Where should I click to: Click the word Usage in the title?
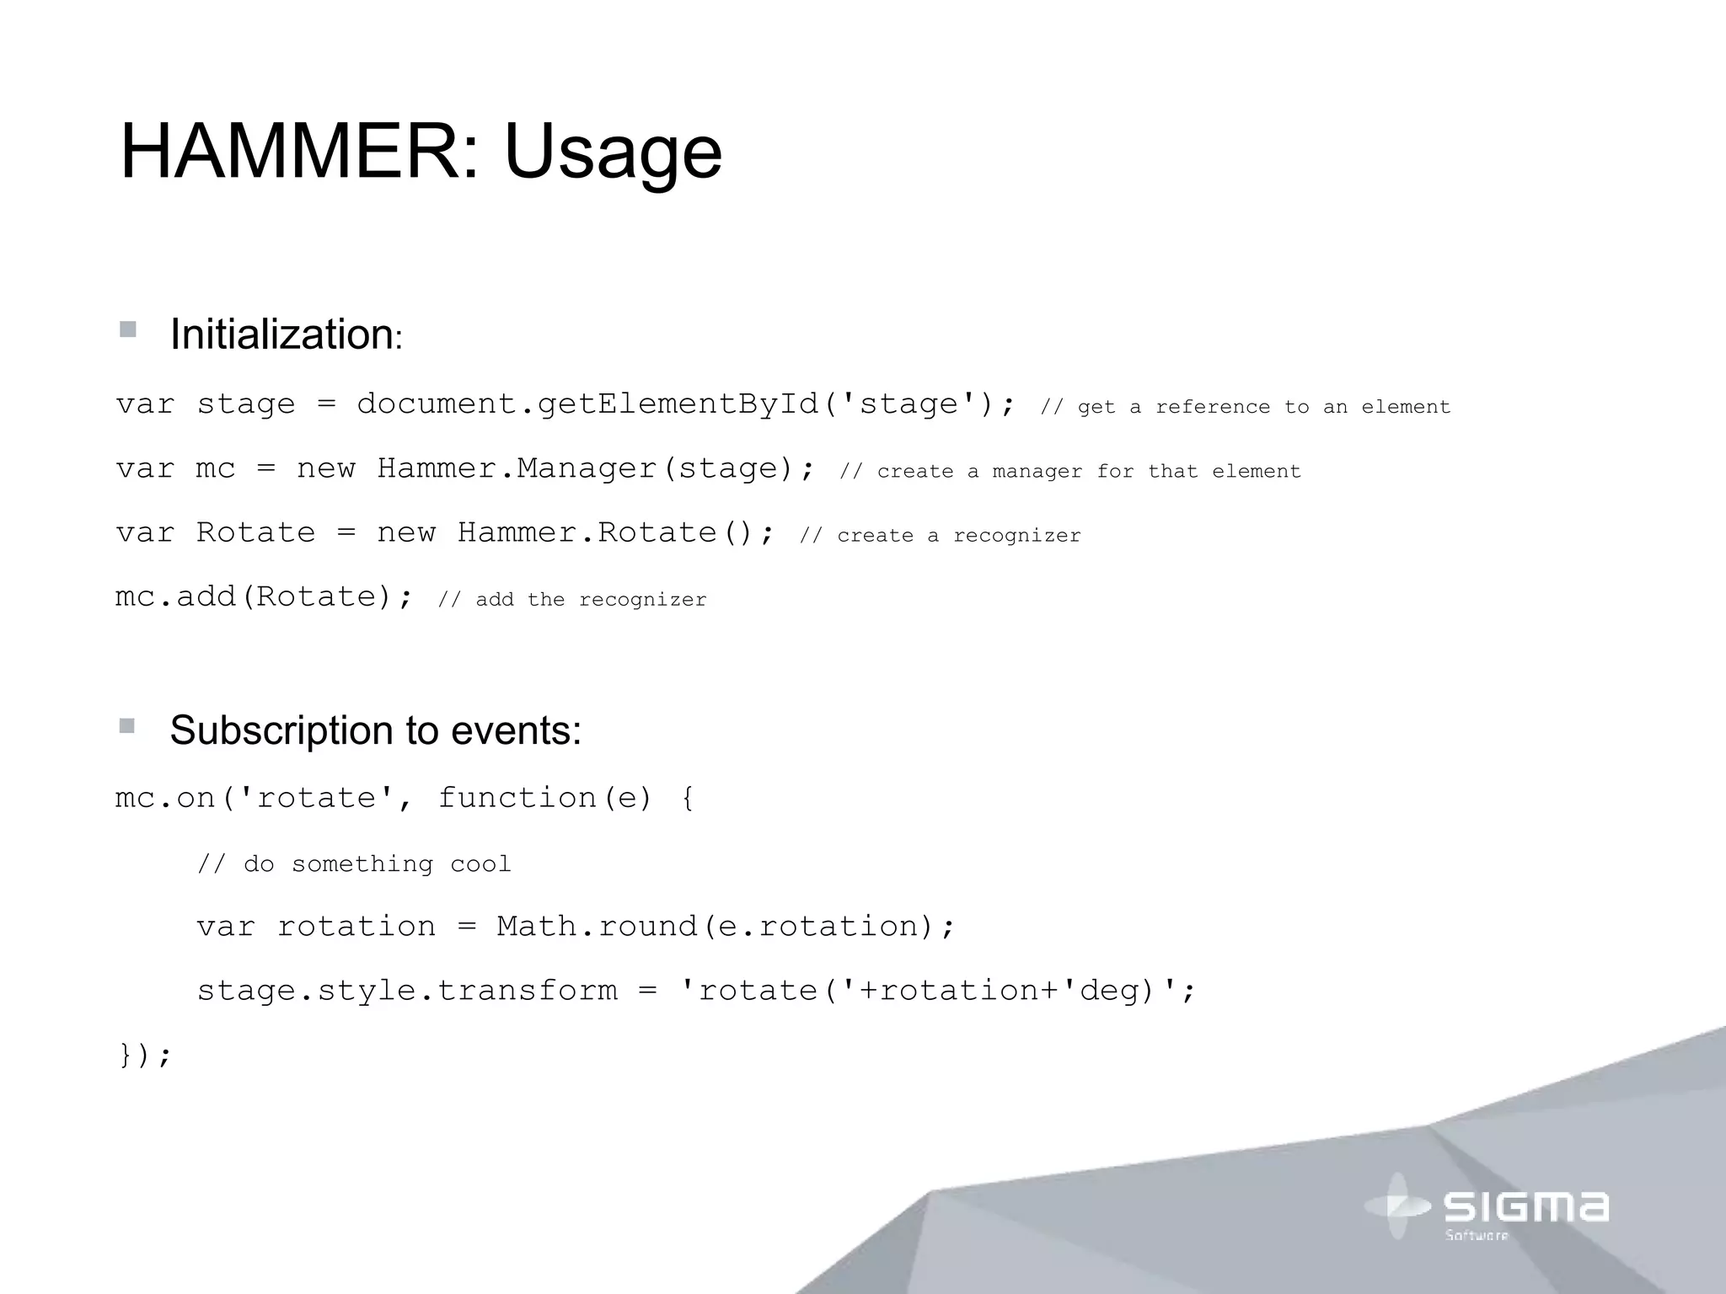(613, 152)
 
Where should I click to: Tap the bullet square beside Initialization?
(128, 329)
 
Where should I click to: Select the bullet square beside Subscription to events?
(127, 725)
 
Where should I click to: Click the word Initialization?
(281, 334)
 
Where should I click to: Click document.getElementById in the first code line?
(587, 404)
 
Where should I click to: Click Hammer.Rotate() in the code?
(606, 532)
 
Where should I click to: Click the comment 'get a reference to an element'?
(1245, 407)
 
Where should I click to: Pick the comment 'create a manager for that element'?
(1069, 472)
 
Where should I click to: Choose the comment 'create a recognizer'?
(940, 536)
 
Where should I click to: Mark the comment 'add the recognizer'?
(572, 600)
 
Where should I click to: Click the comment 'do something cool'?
(354, 864)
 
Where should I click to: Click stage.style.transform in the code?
(407, 991)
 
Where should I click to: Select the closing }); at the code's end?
(145, 1055)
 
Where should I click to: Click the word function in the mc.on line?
(517, 798)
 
